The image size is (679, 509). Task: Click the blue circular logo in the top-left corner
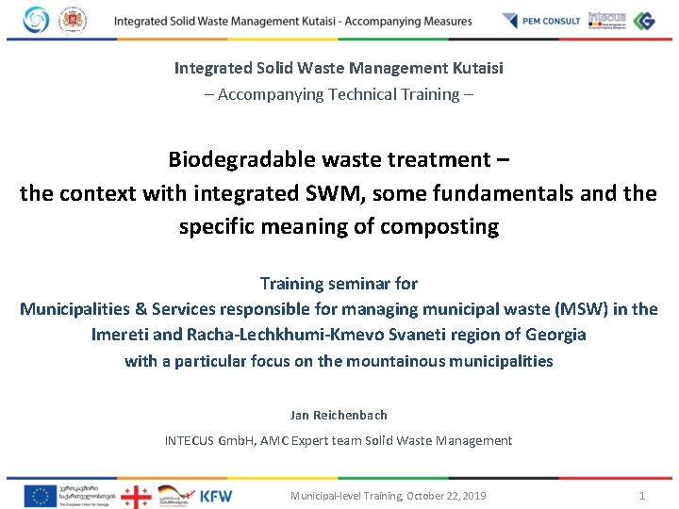[35, 20]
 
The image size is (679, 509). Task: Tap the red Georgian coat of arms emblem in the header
[71, 20]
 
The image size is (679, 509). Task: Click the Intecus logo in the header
[606, 19]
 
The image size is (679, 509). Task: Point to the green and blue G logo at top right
[644, 20]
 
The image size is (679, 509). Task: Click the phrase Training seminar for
[339, 283]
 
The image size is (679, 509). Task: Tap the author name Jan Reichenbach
[339, 415]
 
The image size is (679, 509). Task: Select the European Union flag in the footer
[40, 495]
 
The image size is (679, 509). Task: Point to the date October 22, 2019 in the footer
[446, 496]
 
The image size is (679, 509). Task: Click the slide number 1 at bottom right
[642, 496]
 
